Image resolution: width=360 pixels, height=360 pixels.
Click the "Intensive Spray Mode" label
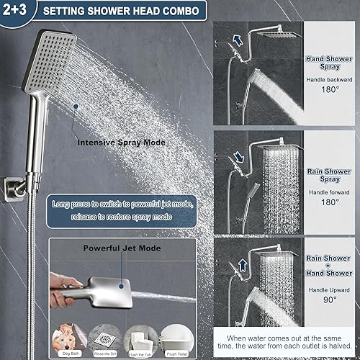[x=122, y=143]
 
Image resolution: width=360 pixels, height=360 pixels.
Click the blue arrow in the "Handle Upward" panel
[x=243, y=267]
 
